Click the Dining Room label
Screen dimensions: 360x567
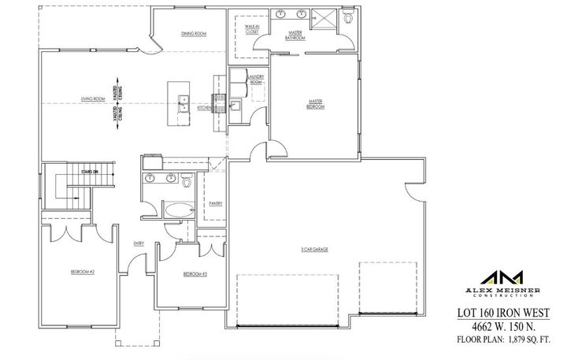coord(194,34)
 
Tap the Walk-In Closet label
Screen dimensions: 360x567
coord(252,30)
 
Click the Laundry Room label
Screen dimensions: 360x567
coord(256,80)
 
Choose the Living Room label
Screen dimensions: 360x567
coord(92,99)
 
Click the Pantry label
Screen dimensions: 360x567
coord(216,203)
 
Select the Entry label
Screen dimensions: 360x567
coord(139,243)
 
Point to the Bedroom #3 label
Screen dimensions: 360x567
coord(195,273)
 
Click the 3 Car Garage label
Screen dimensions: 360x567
coord(313,249)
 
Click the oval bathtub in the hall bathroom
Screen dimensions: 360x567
coord(180,211)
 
